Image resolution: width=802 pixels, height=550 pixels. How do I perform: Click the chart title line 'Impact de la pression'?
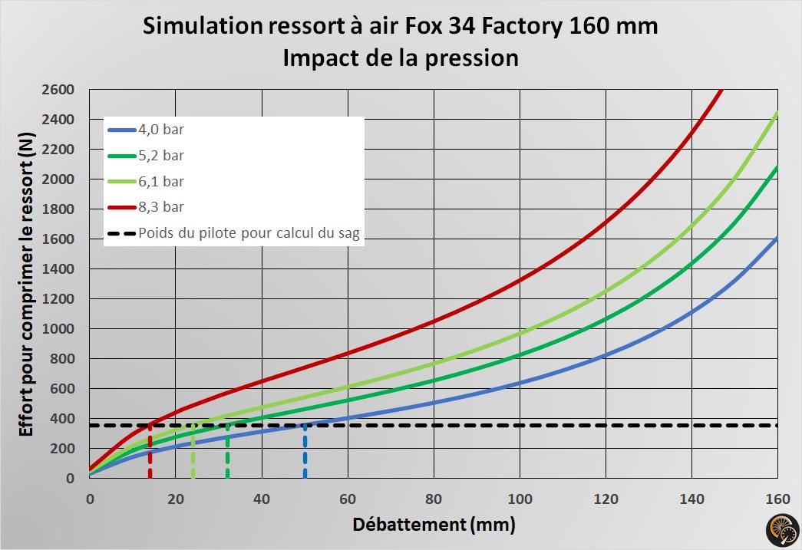point(400,58)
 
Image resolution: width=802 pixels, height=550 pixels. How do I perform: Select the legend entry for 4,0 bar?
point(162,130)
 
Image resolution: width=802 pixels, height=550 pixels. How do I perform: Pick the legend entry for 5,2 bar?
point(162,156)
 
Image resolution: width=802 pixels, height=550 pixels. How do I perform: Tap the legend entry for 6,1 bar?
point(162,182)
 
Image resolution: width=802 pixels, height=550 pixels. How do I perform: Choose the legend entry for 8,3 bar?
point(162,207)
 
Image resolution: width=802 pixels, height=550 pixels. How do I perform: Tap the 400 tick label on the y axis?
point(62,419)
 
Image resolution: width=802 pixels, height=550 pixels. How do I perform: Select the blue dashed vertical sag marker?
point(305,453)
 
